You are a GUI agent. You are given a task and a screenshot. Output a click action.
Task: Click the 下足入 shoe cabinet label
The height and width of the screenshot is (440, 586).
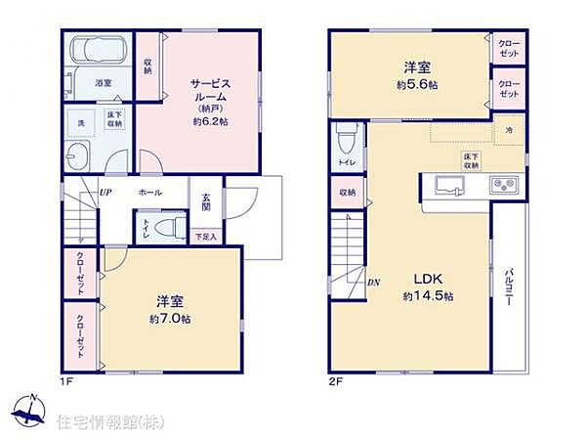point(205,237)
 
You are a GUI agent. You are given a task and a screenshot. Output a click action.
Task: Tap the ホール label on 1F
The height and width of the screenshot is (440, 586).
point(150,193)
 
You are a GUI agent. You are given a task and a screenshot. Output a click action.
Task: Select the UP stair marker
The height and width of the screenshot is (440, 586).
point(105,192)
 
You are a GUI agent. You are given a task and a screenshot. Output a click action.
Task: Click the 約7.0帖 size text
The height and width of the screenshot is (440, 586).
point(170,319)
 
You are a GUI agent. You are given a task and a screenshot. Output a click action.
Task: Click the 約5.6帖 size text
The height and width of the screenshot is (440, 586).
point(417,85)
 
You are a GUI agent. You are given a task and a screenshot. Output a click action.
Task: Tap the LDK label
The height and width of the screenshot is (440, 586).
point(418,276)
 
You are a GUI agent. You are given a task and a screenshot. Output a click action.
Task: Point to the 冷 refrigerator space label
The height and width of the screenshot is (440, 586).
point(508,131)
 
